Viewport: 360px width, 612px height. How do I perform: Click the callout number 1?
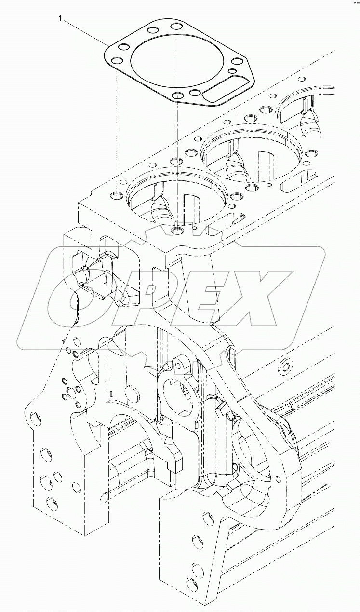(60, 19)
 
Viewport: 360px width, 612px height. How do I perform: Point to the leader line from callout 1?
(84, 32)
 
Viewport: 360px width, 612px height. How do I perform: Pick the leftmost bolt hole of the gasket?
(116, 61)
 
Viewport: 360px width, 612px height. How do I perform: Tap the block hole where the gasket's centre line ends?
(178, 231)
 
